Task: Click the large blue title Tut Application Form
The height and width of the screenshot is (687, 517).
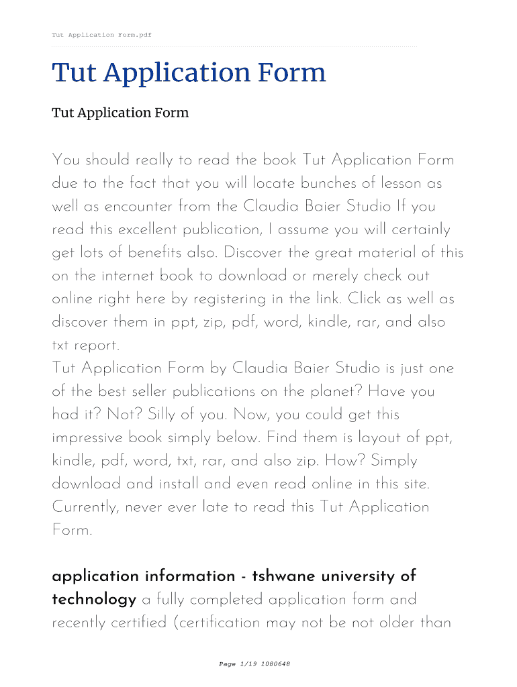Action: click(x=189, y=72)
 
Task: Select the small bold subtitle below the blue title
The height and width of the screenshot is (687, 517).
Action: click(x=120, y=113)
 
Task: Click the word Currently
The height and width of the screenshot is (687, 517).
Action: click(x=85, y=507)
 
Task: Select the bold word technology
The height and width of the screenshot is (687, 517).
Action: click(x=94, y=600)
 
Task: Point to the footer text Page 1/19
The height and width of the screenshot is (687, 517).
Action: click(x=234, y=664)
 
